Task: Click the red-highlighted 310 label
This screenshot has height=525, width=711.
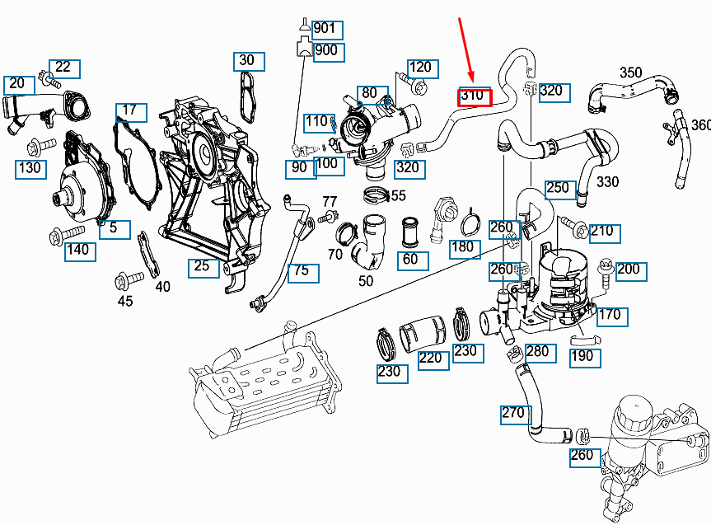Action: point(475,96)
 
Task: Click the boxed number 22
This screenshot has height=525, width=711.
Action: point(63,68)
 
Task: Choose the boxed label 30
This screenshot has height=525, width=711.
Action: point(247,60)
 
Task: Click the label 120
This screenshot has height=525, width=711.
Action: point(420,68)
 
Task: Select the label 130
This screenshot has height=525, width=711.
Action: point(30,169)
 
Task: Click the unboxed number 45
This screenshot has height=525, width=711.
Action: point(125,301)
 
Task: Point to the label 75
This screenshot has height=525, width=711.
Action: point(302,271)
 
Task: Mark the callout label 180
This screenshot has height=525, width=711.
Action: point(465,248)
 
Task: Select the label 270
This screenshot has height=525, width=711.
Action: point(513,412)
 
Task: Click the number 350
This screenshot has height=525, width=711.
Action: point(631,73)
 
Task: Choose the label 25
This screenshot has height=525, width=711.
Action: point(202,266)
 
